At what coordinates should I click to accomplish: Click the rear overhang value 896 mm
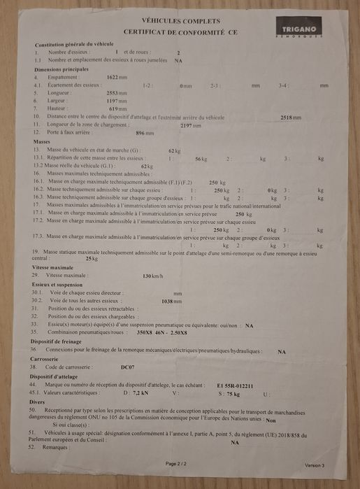[145, 133]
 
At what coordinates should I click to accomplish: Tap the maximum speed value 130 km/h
[152, 276]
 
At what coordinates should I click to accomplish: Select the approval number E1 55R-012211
[235, 385]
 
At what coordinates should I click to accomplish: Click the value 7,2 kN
[140, 393]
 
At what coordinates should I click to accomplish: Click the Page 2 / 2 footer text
[176, 463]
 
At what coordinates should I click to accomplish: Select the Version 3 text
[315, 465]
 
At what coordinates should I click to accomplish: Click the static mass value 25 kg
[92, 259]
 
